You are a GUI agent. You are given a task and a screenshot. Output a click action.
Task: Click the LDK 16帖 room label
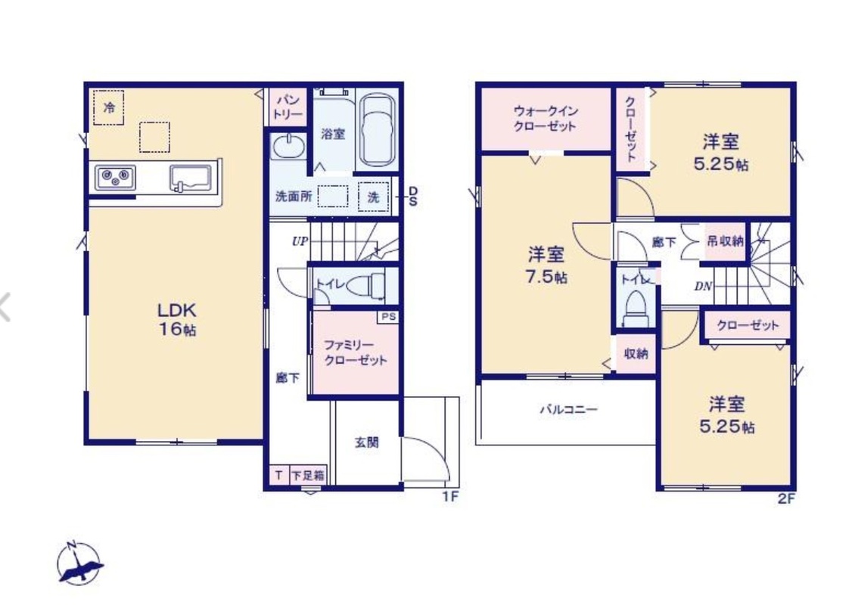177,320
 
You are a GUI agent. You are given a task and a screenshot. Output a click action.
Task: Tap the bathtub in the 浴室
378,131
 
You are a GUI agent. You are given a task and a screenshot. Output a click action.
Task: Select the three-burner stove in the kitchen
115,178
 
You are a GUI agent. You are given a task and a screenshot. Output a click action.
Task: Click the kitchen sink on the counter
191,178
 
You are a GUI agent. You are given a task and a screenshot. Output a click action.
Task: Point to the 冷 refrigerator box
108,107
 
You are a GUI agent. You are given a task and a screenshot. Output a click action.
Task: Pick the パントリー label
288,107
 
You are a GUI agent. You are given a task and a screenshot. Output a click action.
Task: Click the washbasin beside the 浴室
289,147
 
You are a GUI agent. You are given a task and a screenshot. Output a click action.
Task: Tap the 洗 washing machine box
374,197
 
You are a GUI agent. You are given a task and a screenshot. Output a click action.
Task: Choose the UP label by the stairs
300,241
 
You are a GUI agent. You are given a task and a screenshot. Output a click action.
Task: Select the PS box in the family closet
388,317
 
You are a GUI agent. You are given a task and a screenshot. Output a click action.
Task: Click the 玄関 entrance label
366,442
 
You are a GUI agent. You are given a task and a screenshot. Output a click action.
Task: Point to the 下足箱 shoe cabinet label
307,475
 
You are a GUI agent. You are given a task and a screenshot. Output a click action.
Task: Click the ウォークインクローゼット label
546,118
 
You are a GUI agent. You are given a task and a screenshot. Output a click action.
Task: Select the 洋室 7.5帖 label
546,265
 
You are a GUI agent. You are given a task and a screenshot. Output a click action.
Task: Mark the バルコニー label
569,409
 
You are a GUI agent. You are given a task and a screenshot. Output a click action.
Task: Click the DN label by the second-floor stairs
703,286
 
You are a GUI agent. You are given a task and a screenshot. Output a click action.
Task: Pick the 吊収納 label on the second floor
725,240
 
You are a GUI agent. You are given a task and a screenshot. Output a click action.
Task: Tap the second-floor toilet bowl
635,308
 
